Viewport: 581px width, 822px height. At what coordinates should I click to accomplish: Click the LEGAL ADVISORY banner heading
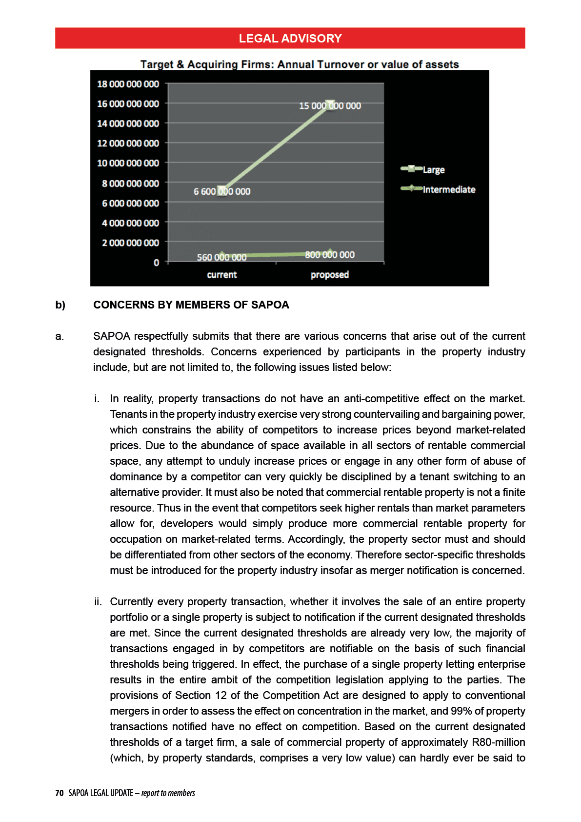pos(290,39)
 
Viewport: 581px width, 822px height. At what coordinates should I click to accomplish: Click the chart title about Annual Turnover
pos(299,64)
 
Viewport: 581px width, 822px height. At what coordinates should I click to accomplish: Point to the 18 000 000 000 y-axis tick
pos(128,84)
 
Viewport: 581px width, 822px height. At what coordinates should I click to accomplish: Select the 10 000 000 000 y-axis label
pos(128,163)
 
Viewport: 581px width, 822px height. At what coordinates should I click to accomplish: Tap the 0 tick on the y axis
pos(157,263)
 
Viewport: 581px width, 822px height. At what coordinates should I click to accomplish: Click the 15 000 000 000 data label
pos(330,106)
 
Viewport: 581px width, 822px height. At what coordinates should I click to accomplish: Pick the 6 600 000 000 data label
pos(222,191)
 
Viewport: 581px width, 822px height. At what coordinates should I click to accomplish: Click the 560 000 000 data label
pos(221,257)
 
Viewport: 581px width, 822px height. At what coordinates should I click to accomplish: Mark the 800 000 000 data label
pos(330,255)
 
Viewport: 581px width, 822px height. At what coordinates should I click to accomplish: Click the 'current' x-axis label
pos(221,275)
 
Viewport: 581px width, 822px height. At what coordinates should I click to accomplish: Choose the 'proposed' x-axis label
pos(330,275)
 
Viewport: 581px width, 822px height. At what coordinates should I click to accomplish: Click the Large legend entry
pos(433,170)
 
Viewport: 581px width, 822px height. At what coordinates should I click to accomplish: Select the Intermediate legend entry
pos(448,189)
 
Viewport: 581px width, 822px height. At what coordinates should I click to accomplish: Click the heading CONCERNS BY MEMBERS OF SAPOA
pos(191,305)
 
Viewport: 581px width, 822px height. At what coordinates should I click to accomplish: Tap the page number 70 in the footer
pos(59,793)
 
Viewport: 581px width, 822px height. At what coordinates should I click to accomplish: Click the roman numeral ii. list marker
pos(98,602)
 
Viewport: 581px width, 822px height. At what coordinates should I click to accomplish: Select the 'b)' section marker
pos(60,305)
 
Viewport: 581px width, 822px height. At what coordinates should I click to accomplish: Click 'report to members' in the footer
pos(168,793)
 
